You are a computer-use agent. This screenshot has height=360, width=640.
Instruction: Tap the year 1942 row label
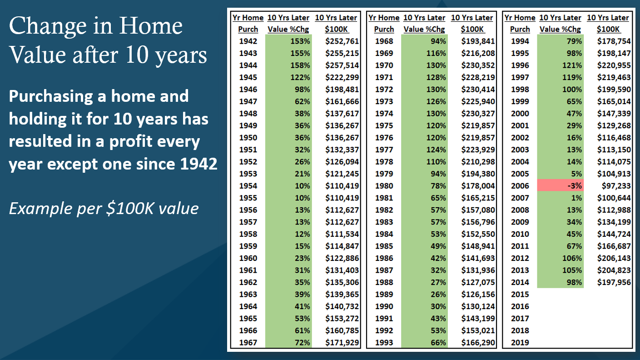point(248,41)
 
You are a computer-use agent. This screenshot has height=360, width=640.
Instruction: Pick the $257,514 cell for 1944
point(342,65)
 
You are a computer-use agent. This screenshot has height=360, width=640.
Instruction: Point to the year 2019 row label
point(520,342)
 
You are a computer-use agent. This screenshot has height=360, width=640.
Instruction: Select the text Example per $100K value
point(104,209)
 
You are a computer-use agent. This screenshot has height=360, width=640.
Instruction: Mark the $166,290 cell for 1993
point(478,342)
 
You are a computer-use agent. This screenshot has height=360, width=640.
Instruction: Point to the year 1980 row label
point(384,185)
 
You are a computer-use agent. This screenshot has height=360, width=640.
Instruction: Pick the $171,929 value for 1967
point(342,342)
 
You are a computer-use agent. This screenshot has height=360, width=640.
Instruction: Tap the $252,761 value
point(342,41)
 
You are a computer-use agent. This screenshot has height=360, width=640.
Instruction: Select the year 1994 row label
point(520,41)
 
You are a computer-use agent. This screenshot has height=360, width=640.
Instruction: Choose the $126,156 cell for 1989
point(478,294)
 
